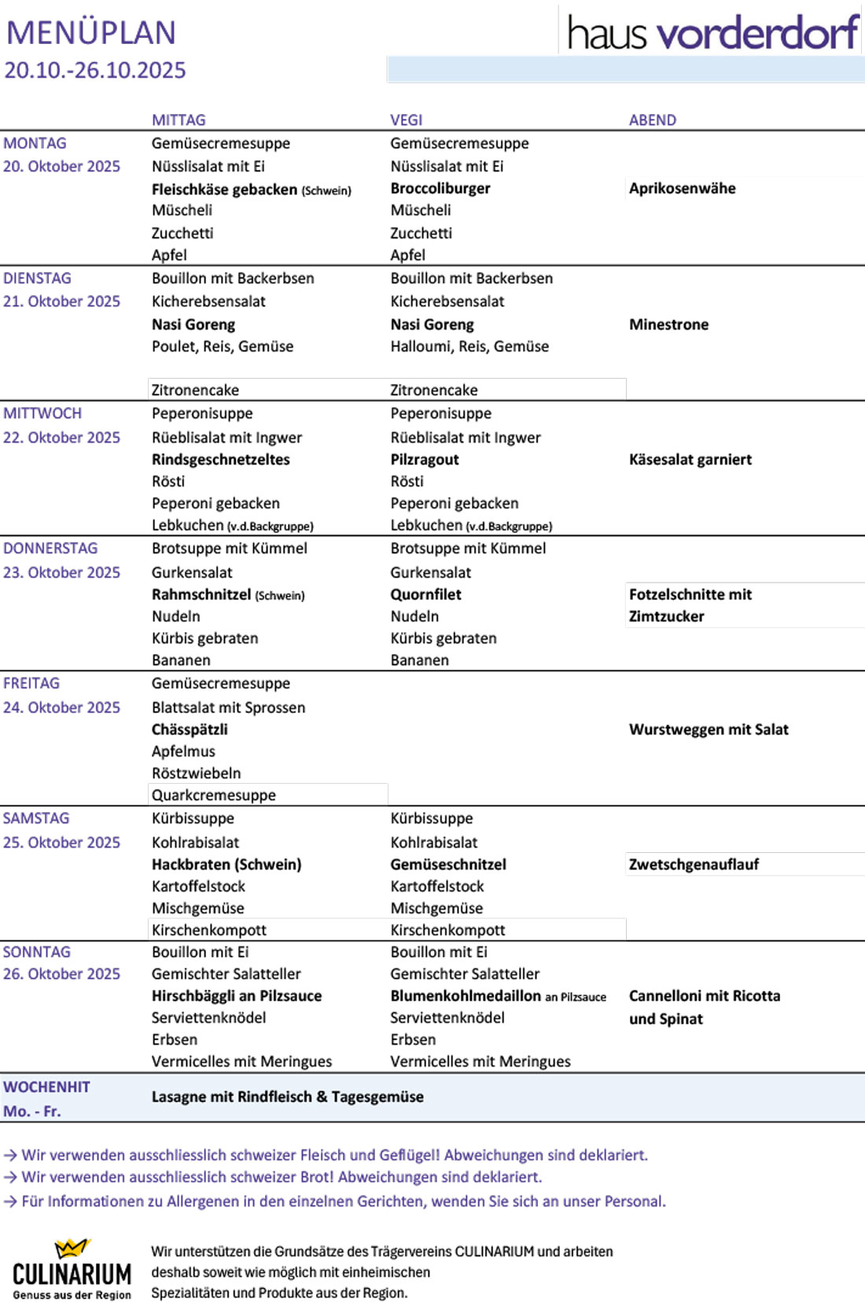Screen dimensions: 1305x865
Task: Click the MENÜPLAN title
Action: [x=91, y=33]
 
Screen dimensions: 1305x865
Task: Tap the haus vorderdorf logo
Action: [x=712, y=33]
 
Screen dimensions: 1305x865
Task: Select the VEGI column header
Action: [x=407, y=120]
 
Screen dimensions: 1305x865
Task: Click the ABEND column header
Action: [x=653, y=120]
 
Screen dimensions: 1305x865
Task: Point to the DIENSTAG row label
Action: [x=37, y=278]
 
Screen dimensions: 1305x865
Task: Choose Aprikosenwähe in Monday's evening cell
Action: [x=683, y=189]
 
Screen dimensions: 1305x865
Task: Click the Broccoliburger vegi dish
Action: [x=440, y=189]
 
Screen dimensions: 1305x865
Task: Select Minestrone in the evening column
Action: [x=668, y=325]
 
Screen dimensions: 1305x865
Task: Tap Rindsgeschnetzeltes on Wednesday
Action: [x=221, y=460]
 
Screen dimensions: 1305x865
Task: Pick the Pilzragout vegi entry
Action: [x=425, y=460]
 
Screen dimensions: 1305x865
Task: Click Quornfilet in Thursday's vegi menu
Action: [x=426, y=595]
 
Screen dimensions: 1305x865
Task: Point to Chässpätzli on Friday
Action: [x=190, y=730]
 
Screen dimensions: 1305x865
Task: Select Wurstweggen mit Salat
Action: [x=709, y=730]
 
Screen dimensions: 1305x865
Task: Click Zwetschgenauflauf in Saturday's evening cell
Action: [x=694, y=865]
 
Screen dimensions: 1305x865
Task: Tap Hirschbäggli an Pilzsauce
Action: [x=237, y=996]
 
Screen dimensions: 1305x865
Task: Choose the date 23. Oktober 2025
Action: [x=61, y=573]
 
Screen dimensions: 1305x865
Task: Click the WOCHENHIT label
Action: [x=46, y=1087]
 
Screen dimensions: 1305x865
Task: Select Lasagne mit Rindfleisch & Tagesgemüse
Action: [x=288, y=1097]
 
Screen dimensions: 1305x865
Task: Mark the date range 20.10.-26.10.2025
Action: [x=95, y=71]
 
